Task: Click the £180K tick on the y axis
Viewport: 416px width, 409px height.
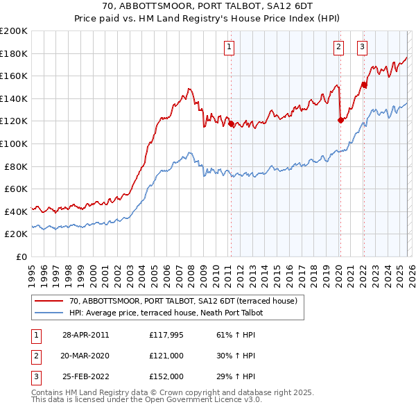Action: [x=14, y=53]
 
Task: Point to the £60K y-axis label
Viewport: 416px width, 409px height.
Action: [x=16, y=189]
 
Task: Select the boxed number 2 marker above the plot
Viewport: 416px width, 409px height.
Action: [x=338, y=47]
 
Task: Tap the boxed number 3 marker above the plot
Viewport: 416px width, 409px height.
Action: [x=362, y=47]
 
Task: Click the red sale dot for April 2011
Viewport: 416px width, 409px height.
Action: [x=231, y=124]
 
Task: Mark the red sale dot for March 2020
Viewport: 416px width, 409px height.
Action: [x=340, y=120]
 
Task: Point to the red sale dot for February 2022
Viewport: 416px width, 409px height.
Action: [x=363, y=85]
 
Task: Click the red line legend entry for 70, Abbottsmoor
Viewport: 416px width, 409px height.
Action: [x=183, y=301]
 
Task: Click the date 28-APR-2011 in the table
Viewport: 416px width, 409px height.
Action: [x=85, y=335]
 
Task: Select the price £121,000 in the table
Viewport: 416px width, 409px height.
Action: [x=166, y=356]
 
